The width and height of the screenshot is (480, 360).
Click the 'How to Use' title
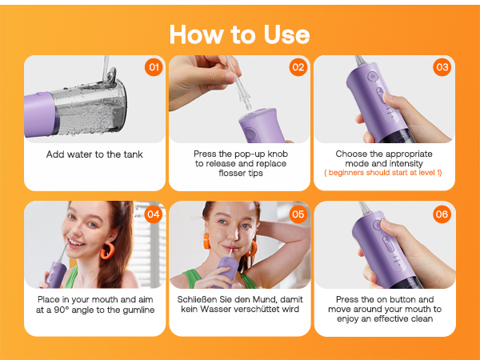tap(239, 34)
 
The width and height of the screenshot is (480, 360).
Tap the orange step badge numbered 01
tap(154, 67)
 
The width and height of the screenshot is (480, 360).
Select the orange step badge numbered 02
tap(298, 67)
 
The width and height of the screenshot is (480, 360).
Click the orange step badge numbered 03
tap(442, 67)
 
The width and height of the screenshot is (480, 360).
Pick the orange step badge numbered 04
tap(154, 214)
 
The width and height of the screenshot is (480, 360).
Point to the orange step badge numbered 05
tap(298, 214)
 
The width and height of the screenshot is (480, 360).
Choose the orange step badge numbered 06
tap(442, 214)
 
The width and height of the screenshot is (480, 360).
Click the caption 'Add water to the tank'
tap(94, 154)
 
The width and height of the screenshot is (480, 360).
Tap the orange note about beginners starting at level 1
tap(384, 173)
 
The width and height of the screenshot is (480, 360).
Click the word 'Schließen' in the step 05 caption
tap(214, 299)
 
